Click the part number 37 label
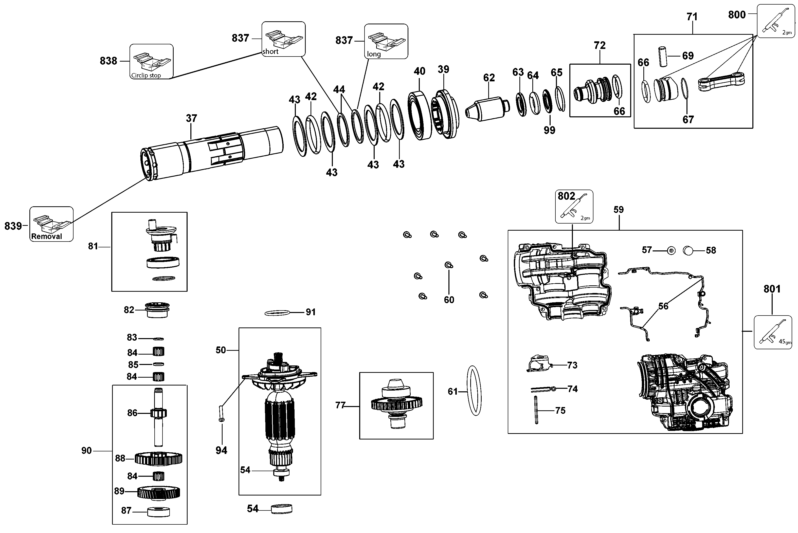(x=191, y=118)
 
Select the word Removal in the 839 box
(x=47, y=236)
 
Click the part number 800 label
(x=737, y=15)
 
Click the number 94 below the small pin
(x=221, y=450)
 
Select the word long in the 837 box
(x=374, y=54)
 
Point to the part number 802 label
(x=567, y=196)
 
